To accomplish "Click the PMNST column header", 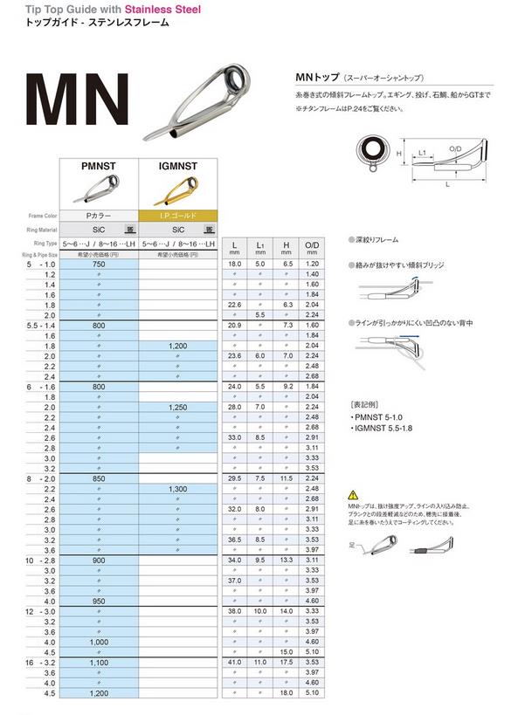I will click(x=99, y=163).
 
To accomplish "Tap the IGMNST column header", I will click(x=180, y=163).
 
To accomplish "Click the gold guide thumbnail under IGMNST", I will click(x=180, y=187).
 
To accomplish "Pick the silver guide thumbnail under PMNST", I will click(x=99, y=187).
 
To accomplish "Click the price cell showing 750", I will click(x=99, y=264).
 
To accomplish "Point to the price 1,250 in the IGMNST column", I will click(x=180, y=407).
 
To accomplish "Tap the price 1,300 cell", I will click(x=180, y=489).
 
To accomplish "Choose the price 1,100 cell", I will click(x=99, y=663).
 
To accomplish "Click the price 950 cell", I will click(x=99, y=602).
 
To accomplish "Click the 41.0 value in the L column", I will click(x=234, y=663).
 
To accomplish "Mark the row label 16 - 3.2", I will click(x=31, y=663).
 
